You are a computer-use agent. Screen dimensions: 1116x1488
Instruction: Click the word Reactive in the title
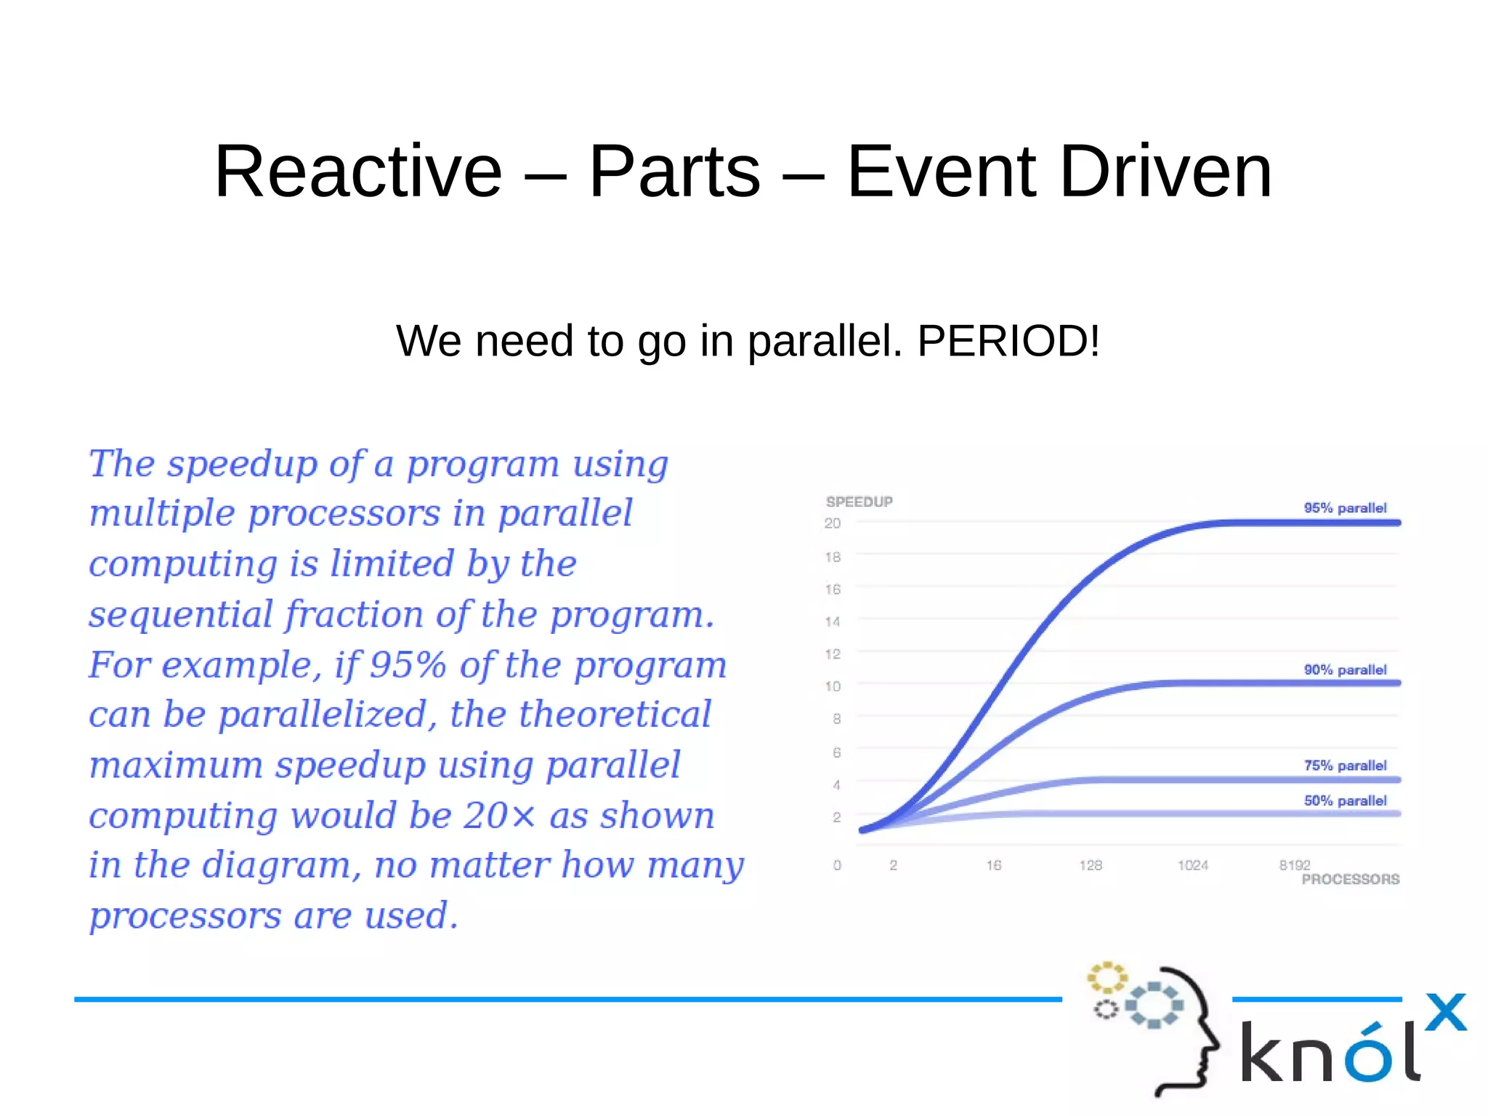point(358,172)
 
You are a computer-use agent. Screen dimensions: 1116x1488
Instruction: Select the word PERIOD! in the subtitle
point(1008,340)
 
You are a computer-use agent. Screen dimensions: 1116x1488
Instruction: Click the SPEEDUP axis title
point(859,502)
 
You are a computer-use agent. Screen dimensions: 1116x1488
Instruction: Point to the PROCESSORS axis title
point(1350,879)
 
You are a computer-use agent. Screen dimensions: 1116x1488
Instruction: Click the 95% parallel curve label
point(1345,507)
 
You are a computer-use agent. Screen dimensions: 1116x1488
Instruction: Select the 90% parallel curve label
point(1345,670)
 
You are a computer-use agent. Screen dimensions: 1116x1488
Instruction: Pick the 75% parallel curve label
point(1345,766)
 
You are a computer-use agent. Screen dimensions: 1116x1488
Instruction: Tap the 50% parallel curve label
point(1345,800)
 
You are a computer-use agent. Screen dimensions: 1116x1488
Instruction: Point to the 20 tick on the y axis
point(833,523)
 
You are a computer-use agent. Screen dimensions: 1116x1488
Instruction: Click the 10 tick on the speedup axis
point(833,686)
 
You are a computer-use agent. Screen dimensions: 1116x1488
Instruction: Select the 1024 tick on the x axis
point(1192,865)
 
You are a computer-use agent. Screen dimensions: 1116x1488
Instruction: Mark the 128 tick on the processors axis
point(1091,865)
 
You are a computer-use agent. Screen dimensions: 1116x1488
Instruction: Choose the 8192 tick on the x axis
point(1294,864)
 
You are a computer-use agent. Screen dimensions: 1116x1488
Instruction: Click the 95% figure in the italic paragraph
point(407,665)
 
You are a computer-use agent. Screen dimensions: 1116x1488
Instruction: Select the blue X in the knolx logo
point(1445,1012)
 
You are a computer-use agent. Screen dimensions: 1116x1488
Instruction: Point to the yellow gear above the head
point(1107,978)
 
